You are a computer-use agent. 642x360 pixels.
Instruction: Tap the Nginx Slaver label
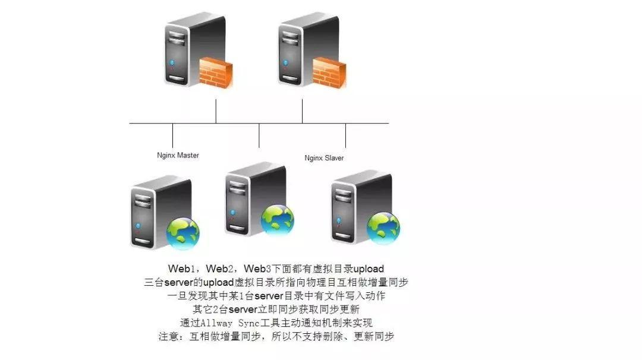324,158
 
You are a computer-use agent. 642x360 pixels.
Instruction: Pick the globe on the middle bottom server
277,219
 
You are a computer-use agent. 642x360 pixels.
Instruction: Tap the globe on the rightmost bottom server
383,228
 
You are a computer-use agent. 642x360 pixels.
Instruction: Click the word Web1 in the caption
180,269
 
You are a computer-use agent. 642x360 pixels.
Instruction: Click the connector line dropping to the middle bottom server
259,135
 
